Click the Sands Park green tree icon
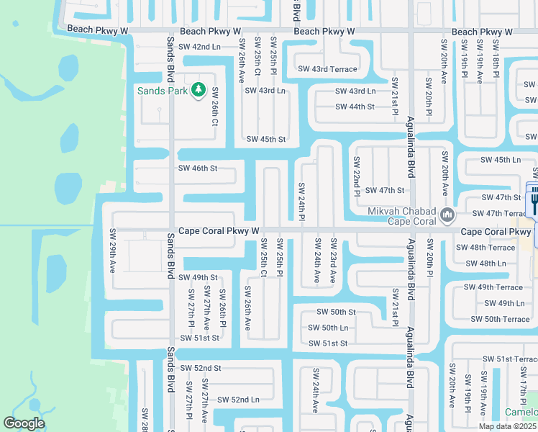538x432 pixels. [x=199, y=91]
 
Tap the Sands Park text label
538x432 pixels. [x=163, y=91]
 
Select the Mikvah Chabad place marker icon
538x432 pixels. [x=447, y=213]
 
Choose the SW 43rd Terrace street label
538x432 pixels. [x=327, y=69]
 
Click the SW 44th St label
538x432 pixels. [x=355, y=107]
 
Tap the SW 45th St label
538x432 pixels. [x=266, y=139]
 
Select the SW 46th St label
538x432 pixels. [x=197, y=168]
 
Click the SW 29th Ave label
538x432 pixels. [x=113, y=251]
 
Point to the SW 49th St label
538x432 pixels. [x=198, y=277]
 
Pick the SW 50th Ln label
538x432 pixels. [x=327, y=328]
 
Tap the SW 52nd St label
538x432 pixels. [x=201, y=368]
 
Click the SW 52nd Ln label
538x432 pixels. [x=238, y=400]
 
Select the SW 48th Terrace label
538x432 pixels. [x=485, y=248]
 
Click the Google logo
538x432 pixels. [x=24, y=423]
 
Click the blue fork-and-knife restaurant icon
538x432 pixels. [x=534, y=201]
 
